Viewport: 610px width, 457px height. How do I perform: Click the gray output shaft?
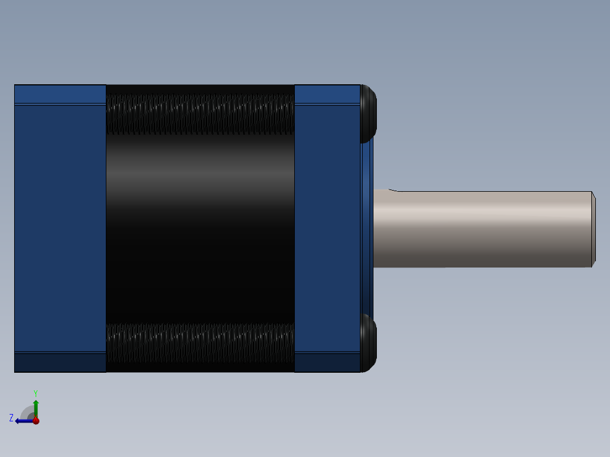[x=481, y=228]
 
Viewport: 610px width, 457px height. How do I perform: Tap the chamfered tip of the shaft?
[x=594, y=228]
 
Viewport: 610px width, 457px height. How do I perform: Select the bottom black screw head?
[x=368, y=343]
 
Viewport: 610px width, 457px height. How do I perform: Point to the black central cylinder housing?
[x=200, y=226]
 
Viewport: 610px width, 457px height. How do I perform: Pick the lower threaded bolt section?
[x=200, y=343]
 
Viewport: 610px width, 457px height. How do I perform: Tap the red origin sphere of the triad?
[x=36, y=420]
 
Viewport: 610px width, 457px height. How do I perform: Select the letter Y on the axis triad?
[x=35, y=393]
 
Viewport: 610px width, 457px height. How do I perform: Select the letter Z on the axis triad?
[x=11, y=418]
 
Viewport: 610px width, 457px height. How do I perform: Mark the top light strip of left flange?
[x=60, y=94]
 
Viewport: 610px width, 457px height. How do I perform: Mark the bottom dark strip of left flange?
[x=60, y=363]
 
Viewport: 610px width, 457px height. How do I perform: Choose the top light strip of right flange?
[x=327, y=94]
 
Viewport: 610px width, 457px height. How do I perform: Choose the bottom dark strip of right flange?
[x=327, y=363]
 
